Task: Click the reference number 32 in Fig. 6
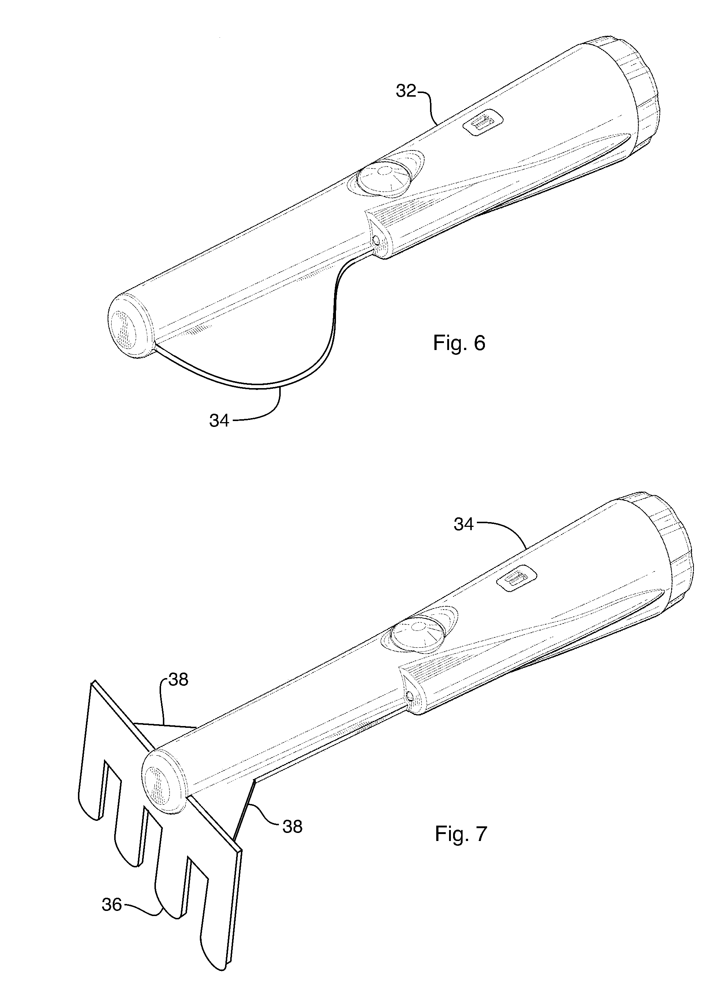click(406, 91)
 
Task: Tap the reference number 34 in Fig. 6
click(219, 421)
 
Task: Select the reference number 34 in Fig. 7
click(463, 524)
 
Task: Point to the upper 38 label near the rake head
click(178, 680)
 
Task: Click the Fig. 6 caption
click(459, 343)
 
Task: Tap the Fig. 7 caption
click(461, 834)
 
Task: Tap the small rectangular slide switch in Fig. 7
click(517, 579)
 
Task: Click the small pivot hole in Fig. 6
click(375, 240)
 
